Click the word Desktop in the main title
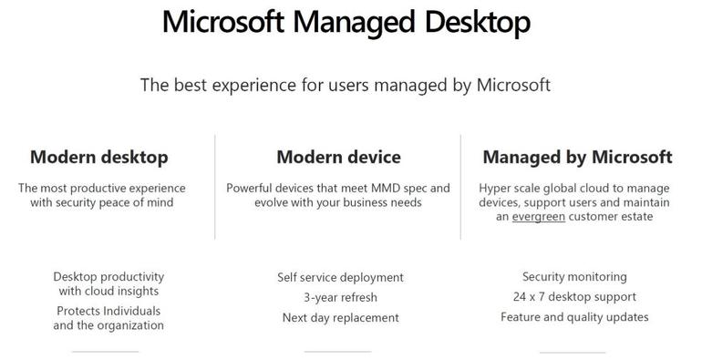point(477,23)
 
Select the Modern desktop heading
point(99,157)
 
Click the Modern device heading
point(338,157)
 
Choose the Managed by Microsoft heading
point(577,157)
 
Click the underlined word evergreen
point(539,217)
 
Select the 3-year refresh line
point(340,297)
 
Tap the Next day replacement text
point(340,318)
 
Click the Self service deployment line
point(340,278)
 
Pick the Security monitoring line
point(574,277)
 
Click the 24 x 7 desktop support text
point(574,297)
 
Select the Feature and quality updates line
point(574,317)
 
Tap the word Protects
point(77,311)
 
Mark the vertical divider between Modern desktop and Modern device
point(215,187)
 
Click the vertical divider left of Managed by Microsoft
point(460,187)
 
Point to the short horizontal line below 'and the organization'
point(105,352)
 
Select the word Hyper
point(492,189)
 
